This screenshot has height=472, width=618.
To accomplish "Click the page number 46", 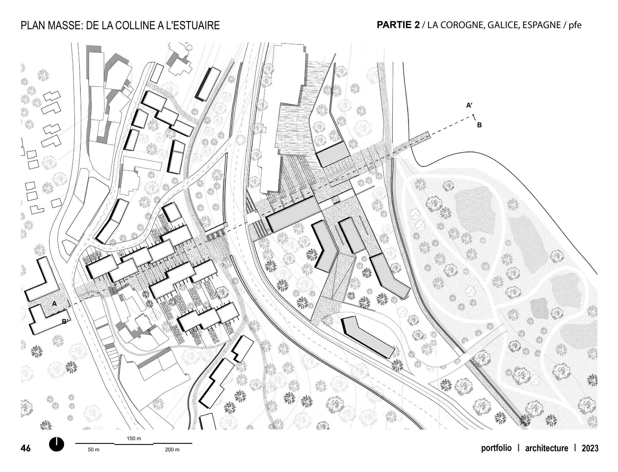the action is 26,448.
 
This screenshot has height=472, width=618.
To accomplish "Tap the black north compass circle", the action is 57,444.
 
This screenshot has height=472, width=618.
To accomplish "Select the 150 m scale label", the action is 134,438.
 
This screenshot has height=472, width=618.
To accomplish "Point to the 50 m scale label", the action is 94,450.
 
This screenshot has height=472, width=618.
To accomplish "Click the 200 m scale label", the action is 172,450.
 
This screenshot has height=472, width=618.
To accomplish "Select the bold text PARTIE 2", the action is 398,25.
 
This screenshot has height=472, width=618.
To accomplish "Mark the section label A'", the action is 470,106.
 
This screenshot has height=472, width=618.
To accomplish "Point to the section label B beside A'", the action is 479,125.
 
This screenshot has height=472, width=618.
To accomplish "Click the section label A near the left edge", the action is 54,303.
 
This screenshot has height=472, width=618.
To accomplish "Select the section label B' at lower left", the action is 65,322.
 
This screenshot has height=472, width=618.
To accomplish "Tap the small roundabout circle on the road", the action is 241,139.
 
